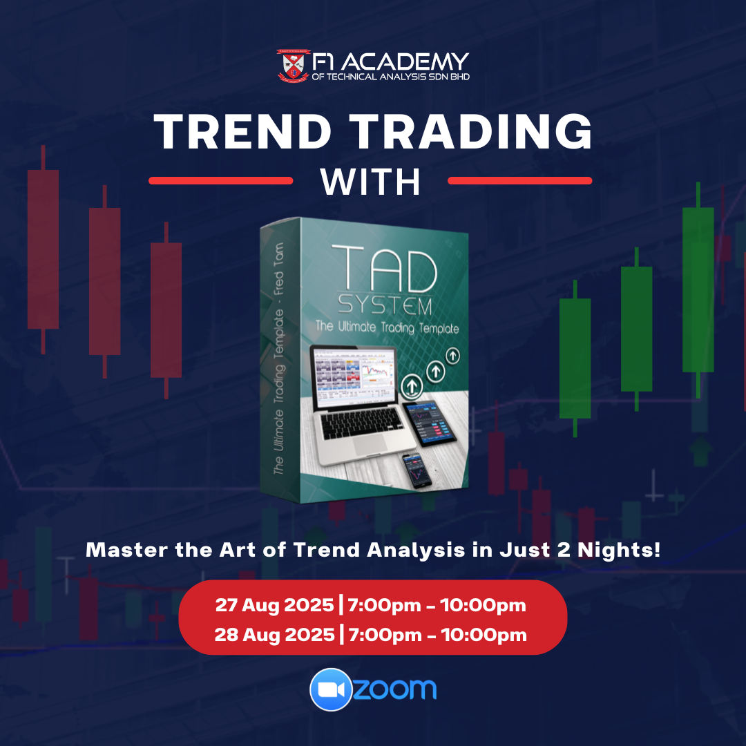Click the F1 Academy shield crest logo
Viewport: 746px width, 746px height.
[x=293, y=66]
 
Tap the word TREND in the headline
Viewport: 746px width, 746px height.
[x=242, y=132]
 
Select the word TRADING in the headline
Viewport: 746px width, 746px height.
[x=470, y=132]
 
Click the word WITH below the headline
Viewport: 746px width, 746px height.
[x=371, y=181]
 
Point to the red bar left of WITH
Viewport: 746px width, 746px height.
[x=221, y=181]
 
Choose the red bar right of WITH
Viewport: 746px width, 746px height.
[x=520, y=181]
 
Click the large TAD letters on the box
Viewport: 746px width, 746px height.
[x=385, y=268]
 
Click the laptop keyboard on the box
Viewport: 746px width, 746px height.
[x=363, y=423]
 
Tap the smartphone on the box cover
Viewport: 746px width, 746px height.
[x=416, y=470]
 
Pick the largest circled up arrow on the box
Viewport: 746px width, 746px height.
[x=412, y=386]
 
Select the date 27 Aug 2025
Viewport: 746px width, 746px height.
[x=274, y=605]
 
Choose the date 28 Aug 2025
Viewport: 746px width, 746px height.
[x=274, y=635]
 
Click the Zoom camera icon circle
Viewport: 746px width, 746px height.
[x=331, y=689]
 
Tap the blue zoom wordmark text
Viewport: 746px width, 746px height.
[x=395, y=689]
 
